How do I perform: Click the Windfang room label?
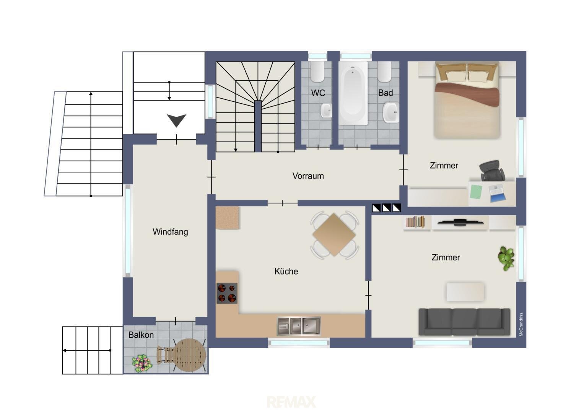click(170, 232)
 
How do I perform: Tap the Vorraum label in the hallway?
click(308, 176)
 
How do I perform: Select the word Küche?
click(286, 271)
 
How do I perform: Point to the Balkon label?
click(141, 335)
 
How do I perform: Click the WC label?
click(318, 93)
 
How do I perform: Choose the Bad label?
click(386, 93)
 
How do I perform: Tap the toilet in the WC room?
click(317, 72)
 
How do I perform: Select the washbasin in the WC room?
click(326, 110)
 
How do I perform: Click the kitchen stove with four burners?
click(227, 293)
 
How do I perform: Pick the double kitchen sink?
click(299, 326)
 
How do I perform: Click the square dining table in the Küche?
click(334, 235)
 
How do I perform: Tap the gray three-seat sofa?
click(464, 322)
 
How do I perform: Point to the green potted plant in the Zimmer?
click(506, 258)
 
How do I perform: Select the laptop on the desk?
click(497, 193)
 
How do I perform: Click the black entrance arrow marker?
click(177, 120)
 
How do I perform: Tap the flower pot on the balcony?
click(142, 363)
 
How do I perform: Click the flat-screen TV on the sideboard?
click(460, 223)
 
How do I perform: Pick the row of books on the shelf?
click(416, 222)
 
